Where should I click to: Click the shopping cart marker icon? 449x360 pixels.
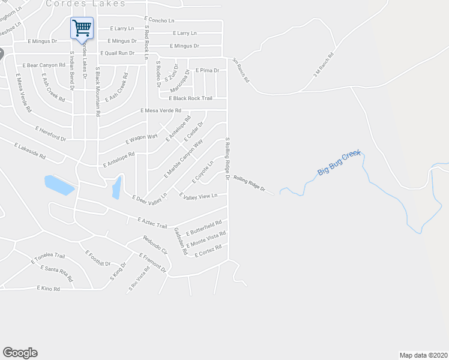(x=82, y=27)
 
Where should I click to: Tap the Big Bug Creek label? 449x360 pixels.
(x=339, y=163)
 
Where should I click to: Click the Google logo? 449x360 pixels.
(x=20, y=353)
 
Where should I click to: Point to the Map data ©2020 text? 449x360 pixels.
(x=423, y=355)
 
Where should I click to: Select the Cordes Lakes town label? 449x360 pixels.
(x=86, y=3)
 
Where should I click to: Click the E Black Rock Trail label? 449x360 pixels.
(x=190, y=98)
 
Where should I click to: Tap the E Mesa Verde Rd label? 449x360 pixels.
(x=160, y=110)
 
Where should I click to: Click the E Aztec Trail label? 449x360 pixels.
(x=152, y=222)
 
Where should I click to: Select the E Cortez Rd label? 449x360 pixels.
(x=208, y=251)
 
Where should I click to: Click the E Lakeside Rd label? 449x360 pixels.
(x=32, y=151)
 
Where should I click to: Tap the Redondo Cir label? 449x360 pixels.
(x=152, y=245)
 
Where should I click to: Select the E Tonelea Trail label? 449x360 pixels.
(x=49, y=259)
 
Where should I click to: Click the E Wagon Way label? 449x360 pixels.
(x=141, y=140)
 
